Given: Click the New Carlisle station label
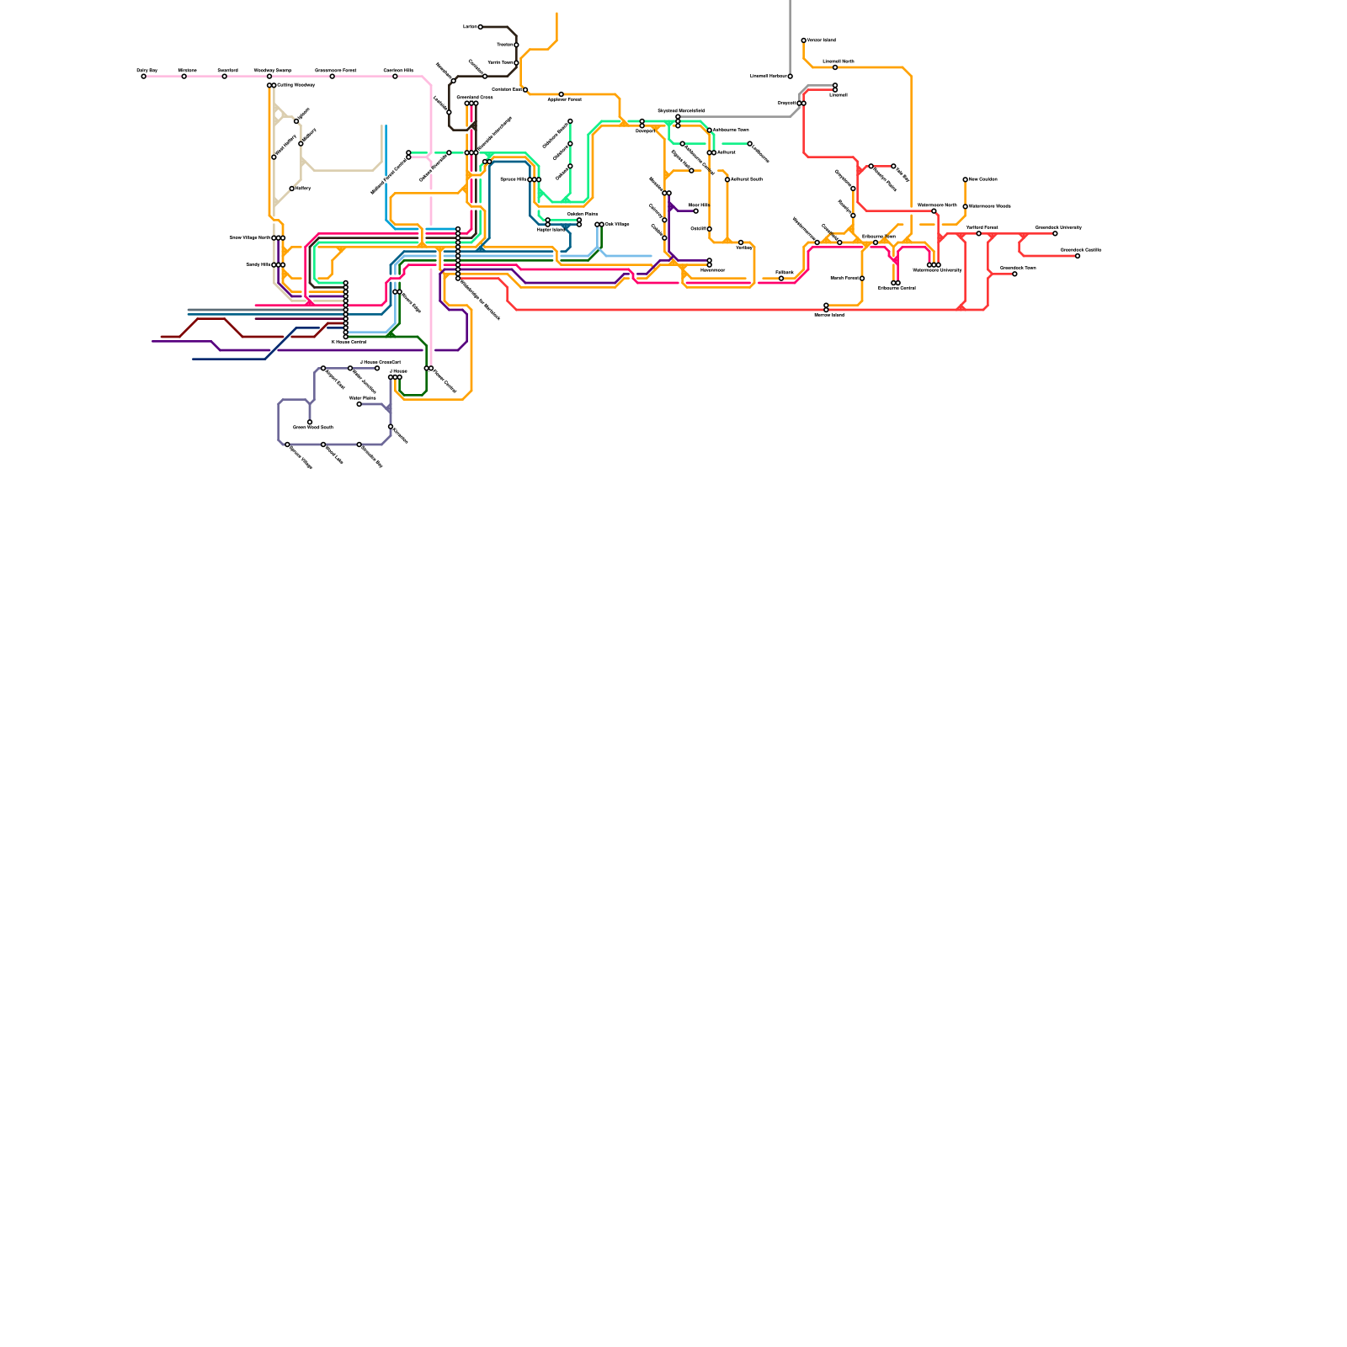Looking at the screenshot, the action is [x=982, y=179].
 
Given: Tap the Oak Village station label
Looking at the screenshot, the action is [x=617, y=224].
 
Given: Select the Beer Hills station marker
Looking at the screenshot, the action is [x=695, y=210].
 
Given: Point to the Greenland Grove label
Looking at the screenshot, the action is [x=475, y=98].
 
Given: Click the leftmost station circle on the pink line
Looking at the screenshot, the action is [x=144, y=77].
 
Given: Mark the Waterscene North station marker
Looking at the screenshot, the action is [x=934, y=210].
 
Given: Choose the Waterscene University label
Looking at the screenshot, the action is [x=937, y=270].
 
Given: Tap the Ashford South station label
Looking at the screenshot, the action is [x=747, y=179].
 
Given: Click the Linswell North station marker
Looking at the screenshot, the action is [x=835, y=67].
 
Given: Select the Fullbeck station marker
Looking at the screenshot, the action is [x=781, y=278].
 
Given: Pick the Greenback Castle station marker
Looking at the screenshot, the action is [x=1078, y=256].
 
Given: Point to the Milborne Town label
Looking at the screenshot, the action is [x=878, y=237].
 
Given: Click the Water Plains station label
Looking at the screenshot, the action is [x=362, y=398].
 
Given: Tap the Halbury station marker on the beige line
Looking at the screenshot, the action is [x=292, y=189].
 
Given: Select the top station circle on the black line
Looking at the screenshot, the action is [x=481, y=27].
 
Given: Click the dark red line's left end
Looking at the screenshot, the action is [x=162, y=337].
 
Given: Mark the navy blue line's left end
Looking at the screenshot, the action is [x=193, y=359].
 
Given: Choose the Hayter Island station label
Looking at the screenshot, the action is [x=551, y=230].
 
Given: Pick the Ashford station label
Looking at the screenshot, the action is [x=726, y=152].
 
